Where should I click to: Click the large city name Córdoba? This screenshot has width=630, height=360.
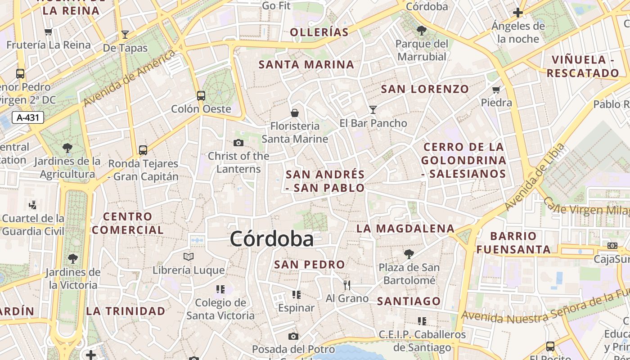click(x=271, y=238)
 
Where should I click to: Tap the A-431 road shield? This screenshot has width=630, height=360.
click(x=28, y=118)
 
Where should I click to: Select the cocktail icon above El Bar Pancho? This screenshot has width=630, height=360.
click(x=373, y=109)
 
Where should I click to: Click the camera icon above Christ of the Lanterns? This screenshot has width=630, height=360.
click(x=238, y=143)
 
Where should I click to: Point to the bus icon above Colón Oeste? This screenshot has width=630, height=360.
click(x=201, y=95)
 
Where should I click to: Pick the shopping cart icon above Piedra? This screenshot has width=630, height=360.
click(x=496, y=90)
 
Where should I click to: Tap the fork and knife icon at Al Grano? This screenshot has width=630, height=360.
click(x=347, y=285)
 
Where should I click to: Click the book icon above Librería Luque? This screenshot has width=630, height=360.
click(x=188, y=256)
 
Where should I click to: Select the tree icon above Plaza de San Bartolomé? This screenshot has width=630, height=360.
click(x=409, y=254)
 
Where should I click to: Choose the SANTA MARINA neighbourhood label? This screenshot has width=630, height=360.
click(x=306, y=64)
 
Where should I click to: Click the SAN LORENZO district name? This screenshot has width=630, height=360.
click(x=425, y=89)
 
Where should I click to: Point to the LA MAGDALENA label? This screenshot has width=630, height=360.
click(x=405, y=228)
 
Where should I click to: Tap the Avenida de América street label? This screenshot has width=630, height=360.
click(x=130, y=78)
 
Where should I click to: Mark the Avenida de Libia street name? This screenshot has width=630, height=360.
click(x=535, y=177)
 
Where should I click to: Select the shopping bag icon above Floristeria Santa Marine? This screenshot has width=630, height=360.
click(x=295, y=112)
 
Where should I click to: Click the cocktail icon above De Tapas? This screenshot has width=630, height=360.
click(x=125, y=35)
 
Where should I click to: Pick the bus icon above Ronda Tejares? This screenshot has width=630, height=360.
click(x=143, y=150)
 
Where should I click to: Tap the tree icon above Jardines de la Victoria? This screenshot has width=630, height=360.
click(x=73, y=259)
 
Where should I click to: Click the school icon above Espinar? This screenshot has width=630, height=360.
click(x=296, y=295)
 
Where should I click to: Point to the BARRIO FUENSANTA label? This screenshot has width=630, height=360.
click(x=513, y=242)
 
